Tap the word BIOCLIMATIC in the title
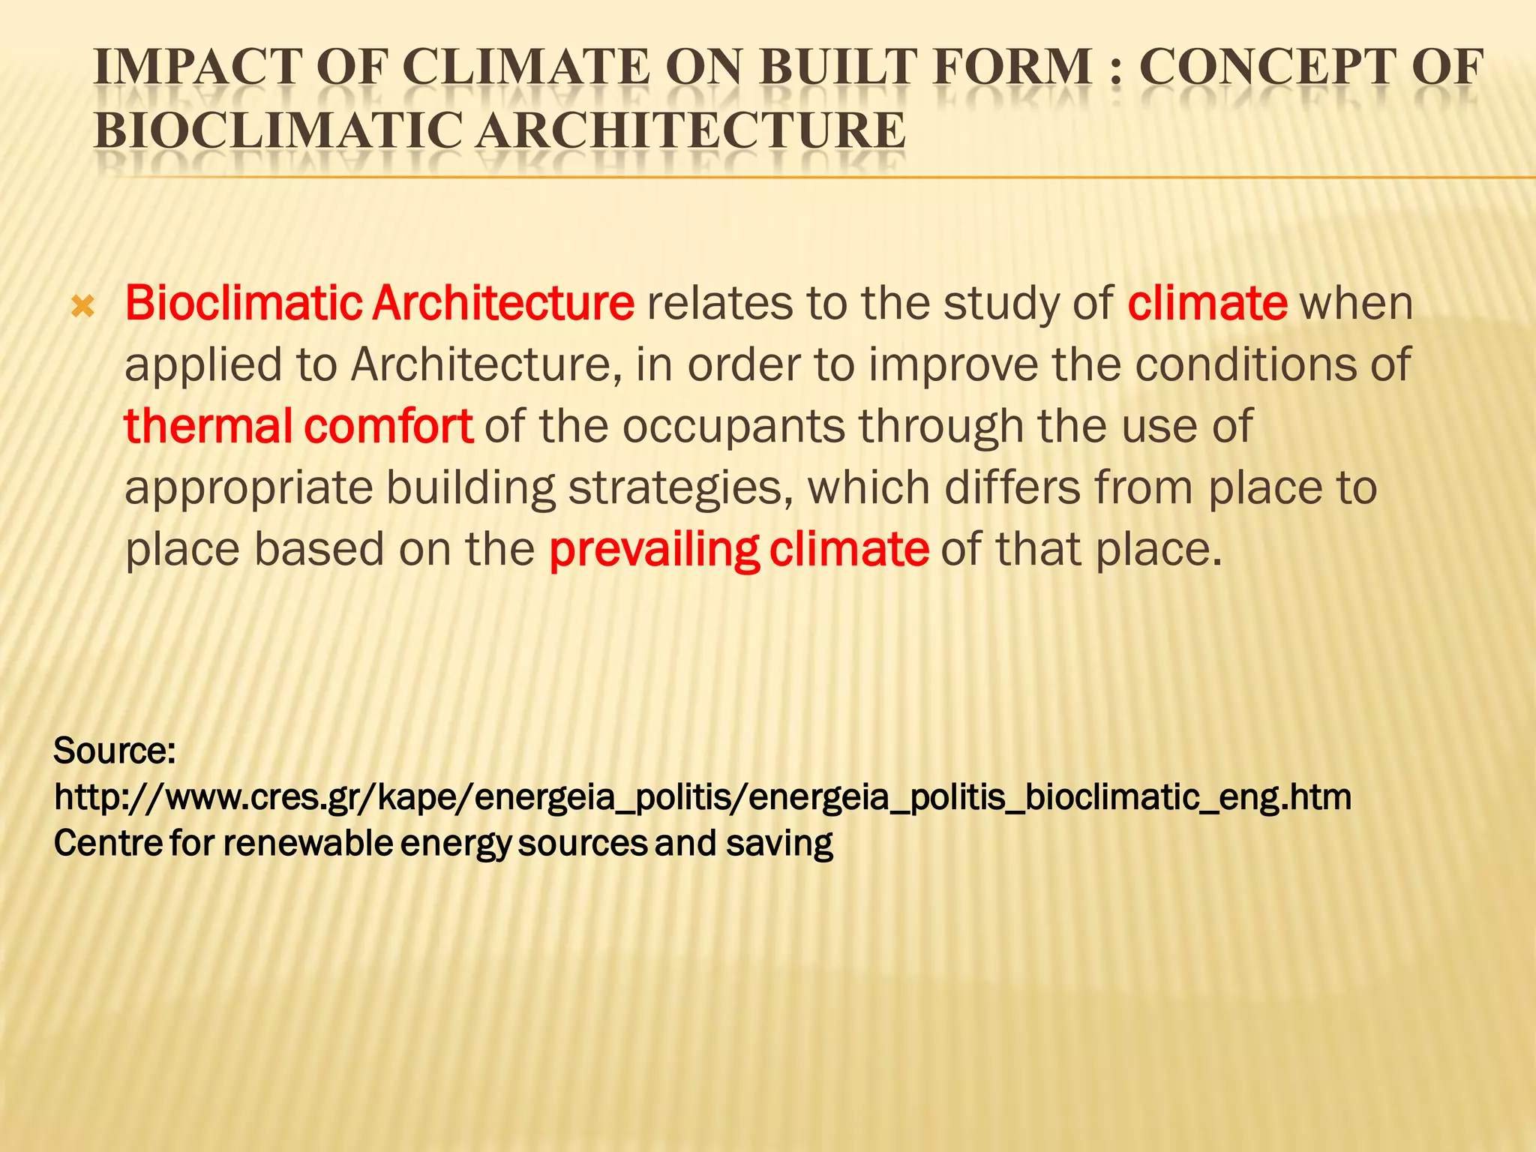click(x=277, y=130)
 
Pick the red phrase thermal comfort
click(x=298, y=426)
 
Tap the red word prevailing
click(x=653, y=550)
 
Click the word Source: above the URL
click(x=114, y=751)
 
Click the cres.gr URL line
click(x=702, y=797)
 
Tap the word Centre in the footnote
click(x=108, y=844)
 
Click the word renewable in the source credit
click(x=307, y=844)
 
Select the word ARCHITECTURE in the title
click(x=690, y=130)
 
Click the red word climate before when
click(x=1207, y=304)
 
